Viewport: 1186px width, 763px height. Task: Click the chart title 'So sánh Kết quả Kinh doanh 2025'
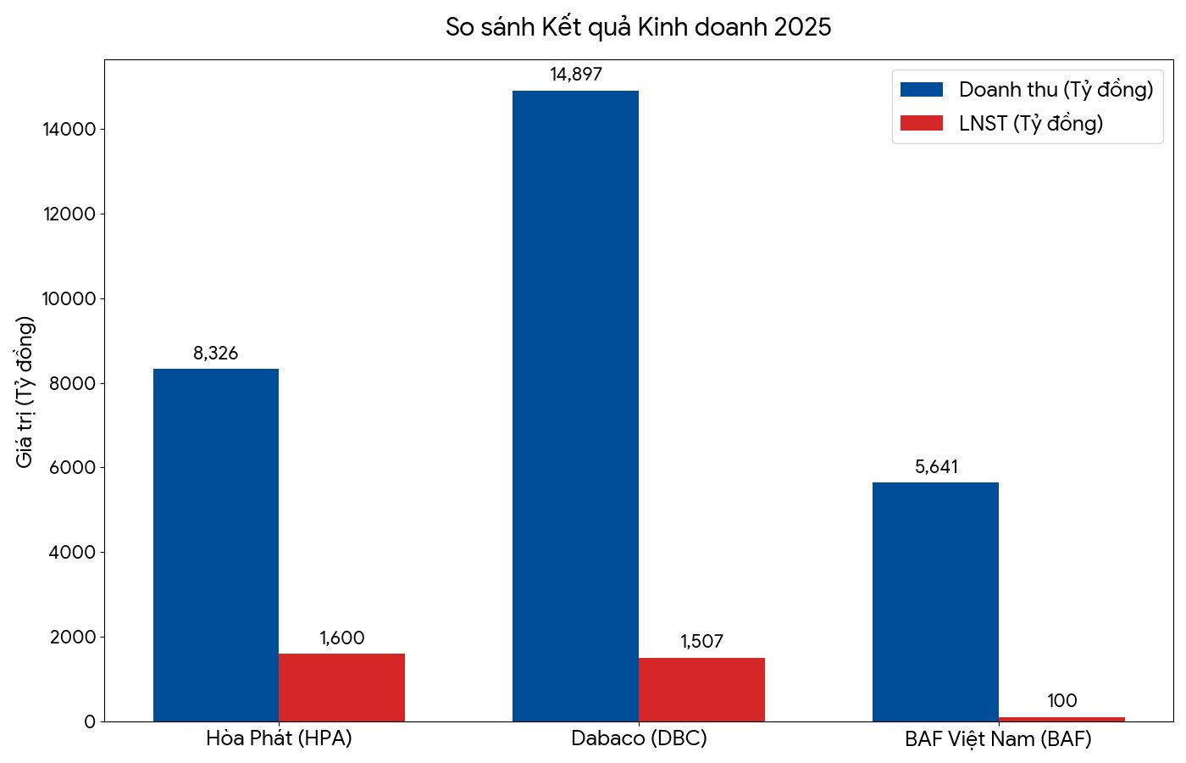[638, 27]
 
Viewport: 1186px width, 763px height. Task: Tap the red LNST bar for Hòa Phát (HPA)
[341, 687]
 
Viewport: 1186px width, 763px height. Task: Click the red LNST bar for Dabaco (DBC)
[701, 689]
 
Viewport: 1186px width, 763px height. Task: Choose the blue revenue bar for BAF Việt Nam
[935, 601]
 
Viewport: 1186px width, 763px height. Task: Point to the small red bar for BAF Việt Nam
[1061, 719]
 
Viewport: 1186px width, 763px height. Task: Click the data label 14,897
[576, 75]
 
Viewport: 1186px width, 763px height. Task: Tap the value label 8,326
[216, 354]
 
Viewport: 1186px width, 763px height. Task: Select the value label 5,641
[936, 467]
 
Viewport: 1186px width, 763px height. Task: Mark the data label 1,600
[341, 638]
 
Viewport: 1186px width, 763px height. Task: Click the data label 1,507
[701, 642]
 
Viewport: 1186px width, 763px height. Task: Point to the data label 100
[1061, 701]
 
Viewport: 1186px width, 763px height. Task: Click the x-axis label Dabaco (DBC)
[639, 738]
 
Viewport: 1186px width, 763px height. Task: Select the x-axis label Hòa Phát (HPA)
[279, 738]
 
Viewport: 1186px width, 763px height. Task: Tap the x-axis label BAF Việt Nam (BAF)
[998, 738]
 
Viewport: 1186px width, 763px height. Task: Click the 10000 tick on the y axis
[69, 298]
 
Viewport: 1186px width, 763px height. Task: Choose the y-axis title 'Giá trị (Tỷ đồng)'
[25, 391]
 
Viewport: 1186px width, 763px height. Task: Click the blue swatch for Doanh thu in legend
[922, 90]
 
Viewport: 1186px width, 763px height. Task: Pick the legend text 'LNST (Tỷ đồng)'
[1031, 124]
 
